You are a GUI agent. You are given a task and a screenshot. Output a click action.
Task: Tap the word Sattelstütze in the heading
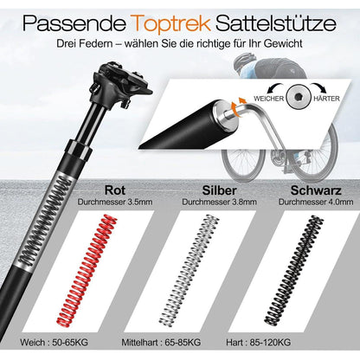(276, 22)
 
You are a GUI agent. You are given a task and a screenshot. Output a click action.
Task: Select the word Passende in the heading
(74, 22)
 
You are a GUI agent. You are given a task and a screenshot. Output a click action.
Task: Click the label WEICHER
(269, 99)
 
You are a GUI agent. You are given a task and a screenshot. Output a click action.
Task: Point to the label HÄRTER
(326, 99)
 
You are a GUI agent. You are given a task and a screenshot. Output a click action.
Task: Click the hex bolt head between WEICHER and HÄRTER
(298, 98)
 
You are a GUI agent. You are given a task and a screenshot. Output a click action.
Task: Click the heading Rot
(115, 190)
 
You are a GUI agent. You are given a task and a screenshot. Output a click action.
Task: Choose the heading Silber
(219, 190)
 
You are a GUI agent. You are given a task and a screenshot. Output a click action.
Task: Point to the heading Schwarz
(316, 190)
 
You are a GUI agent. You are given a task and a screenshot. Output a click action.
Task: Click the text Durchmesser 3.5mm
(115, 202)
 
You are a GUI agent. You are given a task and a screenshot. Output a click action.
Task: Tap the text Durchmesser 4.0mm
(316, 202)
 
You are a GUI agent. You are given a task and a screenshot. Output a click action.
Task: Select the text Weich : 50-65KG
(54, 343)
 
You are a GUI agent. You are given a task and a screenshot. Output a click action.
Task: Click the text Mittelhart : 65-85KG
(161, 343)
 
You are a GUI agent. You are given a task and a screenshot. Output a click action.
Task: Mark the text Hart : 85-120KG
(259, 343)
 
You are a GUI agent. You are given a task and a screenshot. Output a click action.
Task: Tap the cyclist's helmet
(245, 61)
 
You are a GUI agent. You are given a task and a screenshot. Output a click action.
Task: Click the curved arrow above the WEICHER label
(276, 87)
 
